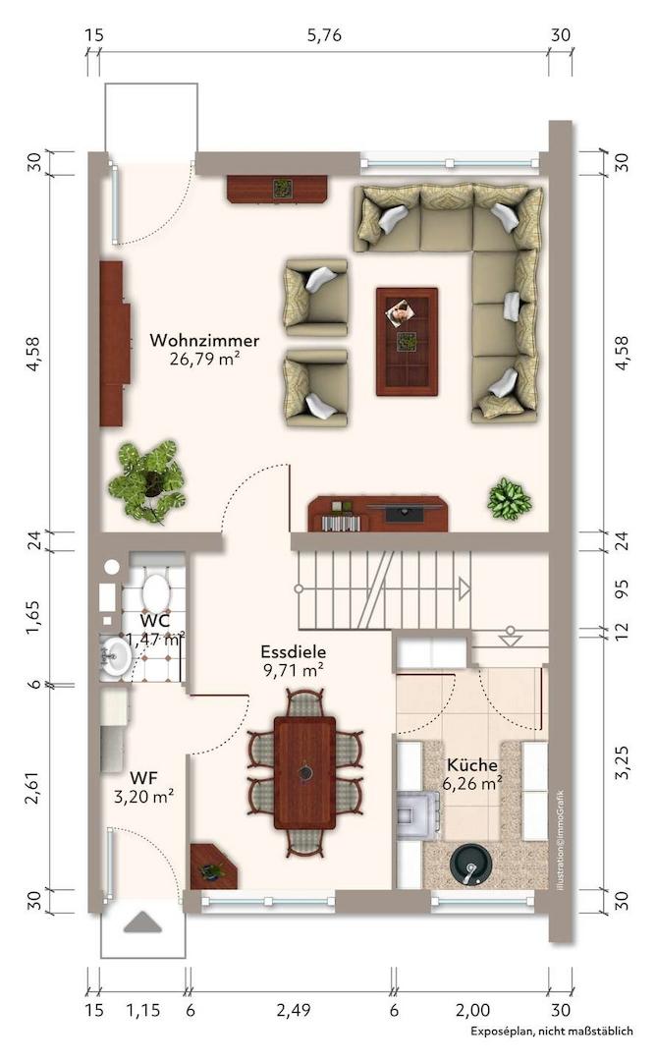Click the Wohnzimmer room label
pyautogui.click(x=204, y=340)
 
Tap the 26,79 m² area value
pyautogui.click(x=205, y=359)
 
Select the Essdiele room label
pyautogui.click(x=294, y=651)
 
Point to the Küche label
pyautogui.click(x=472, y=765)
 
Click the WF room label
pyautogui.click(x=143, y=777)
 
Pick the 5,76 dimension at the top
pyautogui.click(x=325, y=35)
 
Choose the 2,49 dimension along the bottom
pyautogui.click(x=294, y=1010)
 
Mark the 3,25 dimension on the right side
pyautogui.click(x=623, y=762)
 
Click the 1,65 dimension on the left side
pyautogui.click(x=33, y=617)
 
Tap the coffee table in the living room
pyautogui.click(x=408, y=342)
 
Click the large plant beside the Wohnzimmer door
pyautogui.click(x=147, y=480)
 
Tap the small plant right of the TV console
pyautogui.click(x=510, y=499)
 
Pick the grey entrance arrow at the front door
pyautogui.click(x=142, y=922)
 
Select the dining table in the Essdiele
pyautogui.click(x=304, y=772)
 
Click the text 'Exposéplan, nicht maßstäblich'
pyautogui.click(x=552, y=1032)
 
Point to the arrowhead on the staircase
pyautogui.click(x=465, y=588)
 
